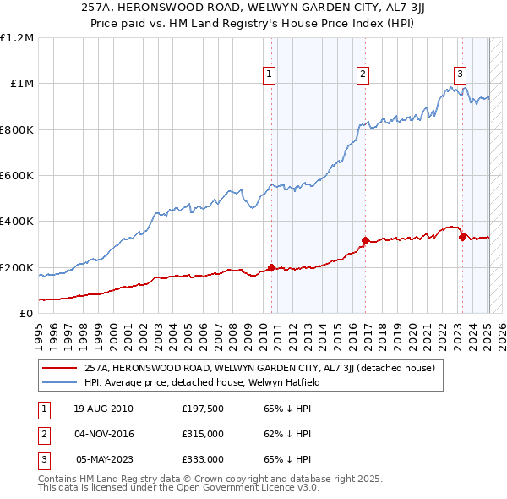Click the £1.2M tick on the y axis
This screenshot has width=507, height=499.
17,38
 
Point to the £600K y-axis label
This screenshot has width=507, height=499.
17,176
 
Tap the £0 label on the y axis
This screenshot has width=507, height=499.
27,314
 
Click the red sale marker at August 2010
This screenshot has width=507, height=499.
271,268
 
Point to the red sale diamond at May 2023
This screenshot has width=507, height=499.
462,237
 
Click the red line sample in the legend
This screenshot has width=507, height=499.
61,368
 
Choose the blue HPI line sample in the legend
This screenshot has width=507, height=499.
61,381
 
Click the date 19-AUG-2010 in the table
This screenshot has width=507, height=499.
104,409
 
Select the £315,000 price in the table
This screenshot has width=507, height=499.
203,434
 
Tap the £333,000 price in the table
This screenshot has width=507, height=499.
203,459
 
